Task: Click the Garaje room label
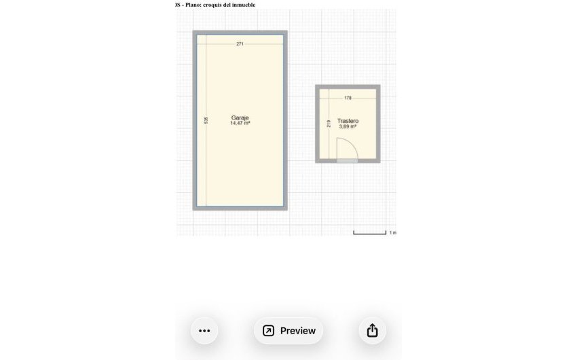[240, 118]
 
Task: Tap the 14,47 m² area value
[240, 124]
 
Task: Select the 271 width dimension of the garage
[240, 44]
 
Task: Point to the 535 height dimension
[206, 120]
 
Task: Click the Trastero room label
[348, 121]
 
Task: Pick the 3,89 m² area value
[348, 126]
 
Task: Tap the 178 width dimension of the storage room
[348, 98]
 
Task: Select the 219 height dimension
[329, 124]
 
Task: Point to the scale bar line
[369, 234]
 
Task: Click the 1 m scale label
[392, 233]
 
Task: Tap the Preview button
[288, 331]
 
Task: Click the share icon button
[372, 331]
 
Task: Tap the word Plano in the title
[196, 5]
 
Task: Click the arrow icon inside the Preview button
[268, 331]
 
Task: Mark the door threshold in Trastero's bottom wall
[346, 160]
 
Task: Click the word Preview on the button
[298, 331]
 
